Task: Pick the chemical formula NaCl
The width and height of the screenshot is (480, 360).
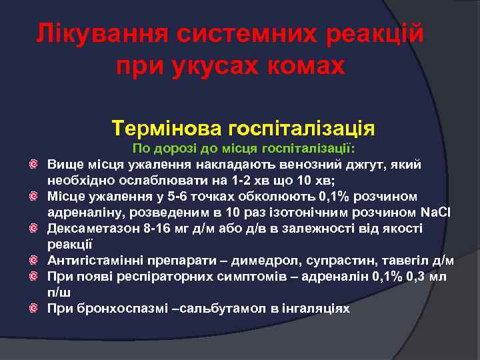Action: (x=437, y=212)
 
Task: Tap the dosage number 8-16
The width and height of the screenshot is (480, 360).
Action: (x=160, y=228)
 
